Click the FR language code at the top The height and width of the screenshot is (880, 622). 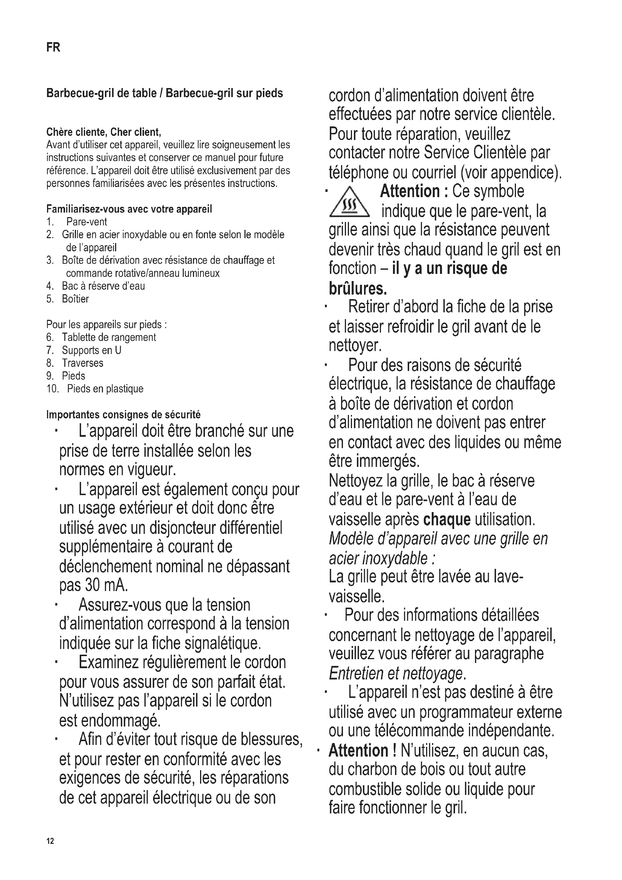53,47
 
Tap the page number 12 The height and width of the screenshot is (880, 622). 50,841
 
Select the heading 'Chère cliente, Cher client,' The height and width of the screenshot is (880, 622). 103,132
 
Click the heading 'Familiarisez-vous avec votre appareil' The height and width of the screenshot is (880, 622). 129,209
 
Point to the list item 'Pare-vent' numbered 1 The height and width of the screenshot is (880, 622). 86,222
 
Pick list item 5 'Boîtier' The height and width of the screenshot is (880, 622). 75,299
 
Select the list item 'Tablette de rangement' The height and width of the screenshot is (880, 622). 109,337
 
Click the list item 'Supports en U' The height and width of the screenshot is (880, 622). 91,350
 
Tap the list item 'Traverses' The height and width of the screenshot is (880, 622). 82,363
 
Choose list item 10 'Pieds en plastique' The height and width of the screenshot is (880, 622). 105,389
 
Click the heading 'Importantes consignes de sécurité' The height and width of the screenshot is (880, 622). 123,415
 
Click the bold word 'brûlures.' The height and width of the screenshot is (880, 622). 358,288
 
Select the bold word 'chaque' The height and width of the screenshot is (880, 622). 447,520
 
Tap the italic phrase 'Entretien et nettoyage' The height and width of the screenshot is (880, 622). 395,673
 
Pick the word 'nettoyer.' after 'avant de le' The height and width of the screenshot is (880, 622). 355,345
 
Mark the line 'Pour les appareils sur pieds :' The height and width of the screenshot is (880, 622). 106,325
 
